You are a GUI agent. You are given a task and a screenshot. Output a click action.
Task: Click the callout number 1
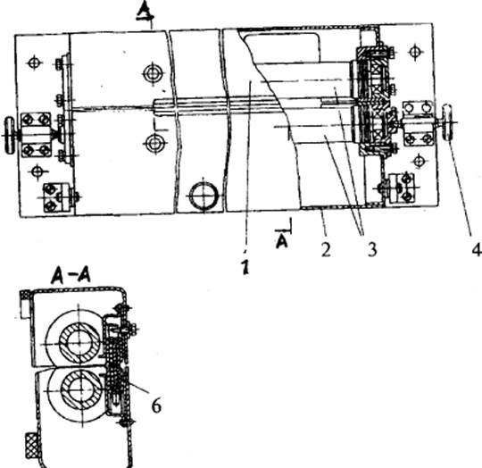tap(245, 266)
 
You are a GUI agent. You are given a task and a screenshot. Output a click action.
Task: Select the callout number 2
tap(326, 249)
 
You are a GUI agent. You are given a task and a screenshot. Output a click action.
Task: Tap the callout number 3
tap(372, 249)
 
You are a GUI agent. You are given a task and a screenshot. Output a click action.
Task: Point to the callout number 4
tap(477, 249)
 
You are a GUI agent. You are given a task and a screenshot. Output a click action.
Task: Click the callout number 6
tap(156, 406)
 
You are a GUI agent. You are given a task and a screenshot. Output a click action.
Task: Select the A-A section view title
tap(71, 275)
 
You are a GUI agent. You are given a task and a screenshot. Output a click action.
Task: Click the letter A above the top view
tap(145, 13)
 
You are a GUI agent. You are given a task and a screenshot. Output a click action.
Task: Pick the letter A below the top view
tap(282, 241)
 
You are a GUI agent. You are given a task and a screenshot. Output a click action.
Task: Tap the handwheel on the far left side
tap(10, 135)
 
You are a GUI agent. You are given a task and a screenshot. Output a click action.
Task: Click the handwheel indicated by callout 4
tap(446, 122)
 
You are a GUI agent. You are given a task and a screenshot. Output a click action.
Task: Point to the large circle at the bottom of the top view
tap(204, 196)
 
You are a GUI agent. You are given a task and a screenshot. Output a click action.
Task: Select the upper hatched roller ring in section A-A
tap(79, 343)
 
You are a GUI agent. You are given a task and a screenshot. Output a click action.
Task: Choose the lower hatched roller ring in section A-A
tap(81, 390)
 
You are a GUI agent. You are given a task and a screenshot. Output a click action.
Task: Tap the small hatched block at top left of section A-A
tap(24, 296)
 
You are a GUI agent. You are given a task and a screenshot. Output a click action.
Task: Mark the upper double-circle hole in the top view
tap(152, 73)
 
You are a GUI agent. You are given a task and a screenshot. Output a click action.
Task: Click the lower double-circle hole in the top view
tap(155, 143)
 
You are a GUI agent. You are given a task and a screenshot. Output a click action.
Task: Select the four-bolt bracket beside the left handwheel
tap(36, 135)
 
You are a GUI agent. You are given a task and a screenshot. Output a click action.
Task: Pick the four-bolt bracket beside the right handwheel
tap(418, 122)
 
